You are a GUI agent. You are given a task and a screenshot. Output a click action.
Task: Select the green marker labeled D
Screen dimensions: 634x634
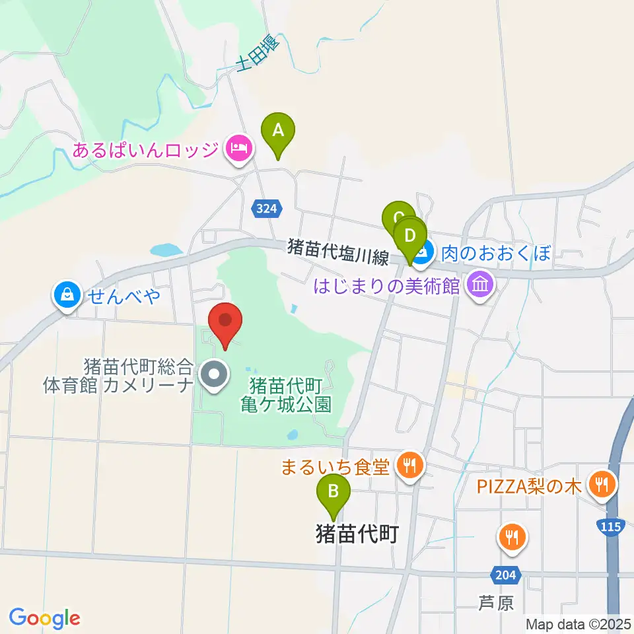point(410,236)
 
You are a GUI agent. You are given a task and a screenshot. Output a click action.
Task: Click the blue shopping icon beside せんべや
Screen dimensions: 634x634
point(68,296)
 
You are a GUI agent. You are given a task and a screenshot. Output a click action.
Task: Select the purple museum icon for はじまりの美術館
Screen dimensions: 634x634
point(480,285)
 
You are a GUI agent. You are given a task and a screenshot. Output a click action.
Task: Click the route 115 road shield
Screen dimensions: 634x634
point(612,526)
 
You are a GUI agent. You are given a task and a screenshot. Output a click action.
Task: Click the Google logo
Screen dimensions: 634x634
point(45,618)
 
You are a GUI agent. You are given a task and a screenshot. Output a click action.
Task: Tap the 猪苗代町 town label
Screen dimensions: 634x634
point(357,533)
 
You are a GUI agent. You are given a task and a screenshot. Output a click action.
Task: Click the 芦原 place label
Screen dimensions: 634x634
point(496,603)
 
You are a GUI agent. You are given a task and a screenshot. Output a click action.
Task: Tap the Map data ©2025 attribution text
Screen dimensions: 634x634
point(578,623)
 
